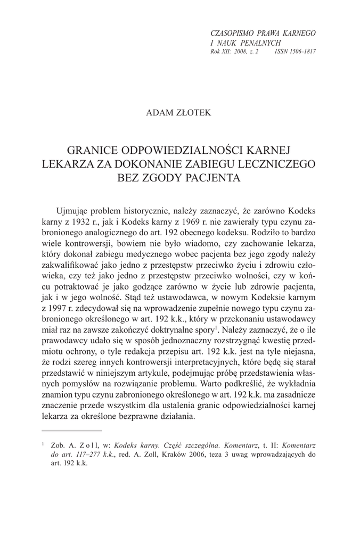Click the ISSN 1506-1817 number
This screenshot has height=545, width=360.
[295, 51]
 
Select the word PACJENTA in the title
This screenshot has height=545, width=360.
[210, 177]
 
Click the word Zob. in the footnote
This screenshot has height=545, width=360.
[58, 444]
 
